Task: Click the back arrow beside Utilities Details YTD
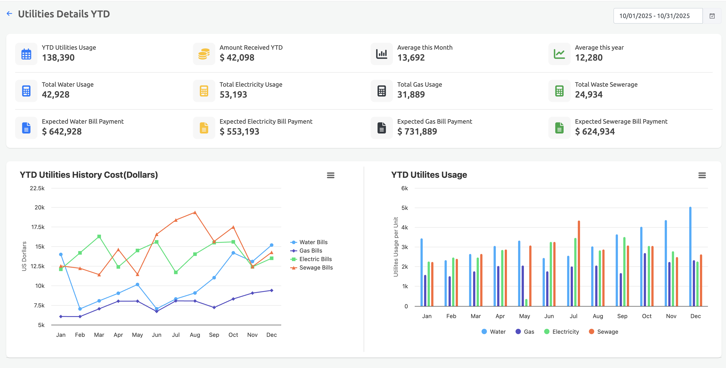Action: (x=10, y=14)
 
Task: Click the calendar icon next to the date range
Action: (x=712, y=16)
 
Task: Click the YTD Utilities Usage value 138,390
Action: (x=58, y=57)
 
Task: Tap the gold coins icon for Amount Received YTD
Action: (x=204, y=54)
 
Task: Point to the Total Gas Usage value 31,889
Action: (x=411, y=94)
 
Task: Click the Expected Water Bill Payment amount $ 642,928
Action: (x=62, y=131)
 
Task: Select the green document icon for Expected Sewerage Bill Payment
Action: (x=559, y=128)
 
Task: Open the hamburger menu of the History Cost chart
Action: (x=330, y=175)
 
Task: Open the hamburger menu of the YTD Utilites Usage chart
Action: (x=702, y=175)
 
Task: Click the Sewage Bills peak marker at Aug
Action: (x=195, y=213)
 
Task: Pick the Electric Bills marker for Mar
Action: (x=99, y=236)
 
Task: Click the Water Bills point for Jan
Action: (x=61, y=254)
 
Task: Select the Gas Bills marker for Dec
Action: (x=271, y=290)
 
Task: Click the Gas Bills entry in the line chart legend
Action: (x=310, y=251)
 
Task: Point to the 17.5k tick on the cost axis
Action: (x=37, y=227)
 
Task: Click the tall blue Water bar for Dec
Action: (x=690, y=256)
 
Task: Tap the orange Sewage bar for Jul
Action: (x=579, y=264)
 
